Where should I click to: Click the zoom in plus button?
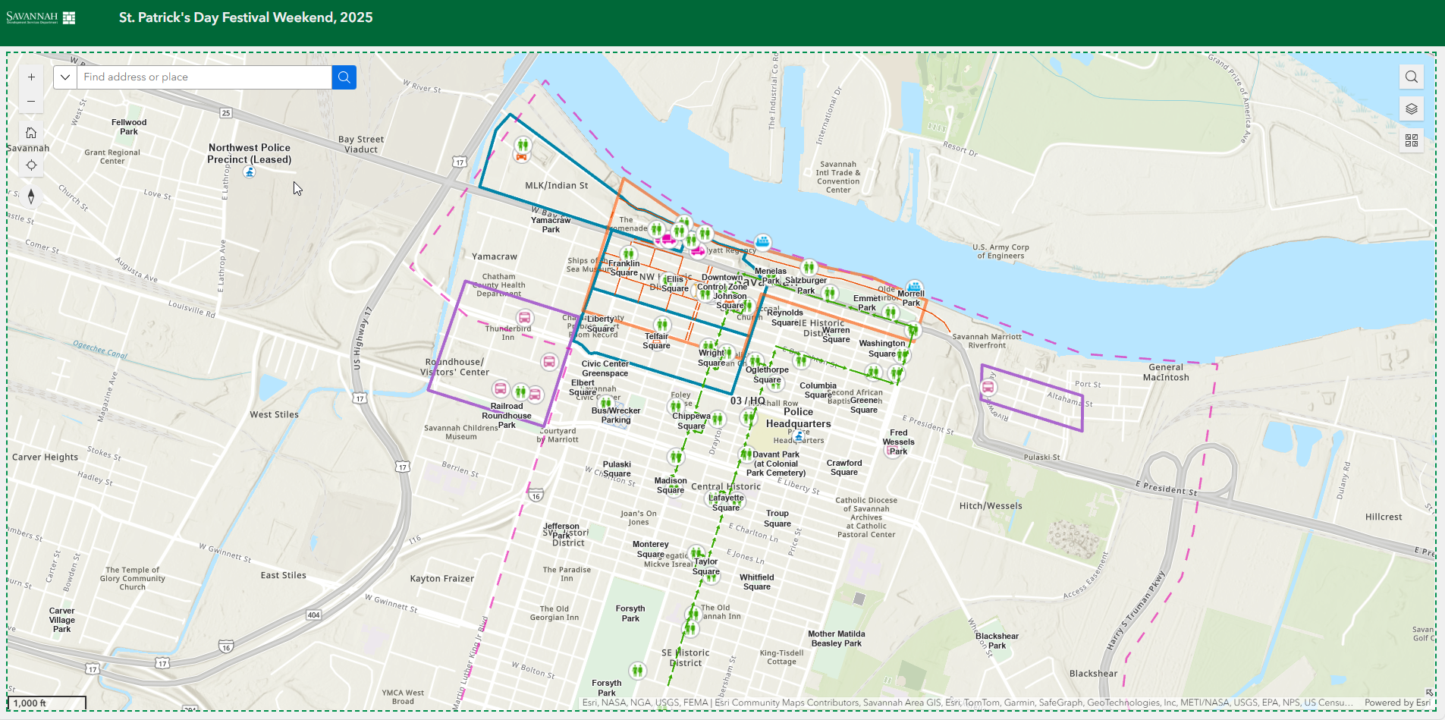pos(31,77)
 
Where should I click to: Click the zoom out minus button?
pos(31,101)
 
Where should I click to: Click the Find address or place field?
pos(205,77)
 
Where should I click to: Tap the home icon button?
pos(31,133)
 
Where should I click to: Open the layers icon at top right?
pos(1411,108)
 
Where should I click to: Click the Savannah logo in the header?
pos(41,17)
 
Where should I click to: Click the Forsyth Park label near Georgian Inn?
pos(630,613)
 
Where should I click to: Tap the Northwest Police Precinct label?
pos(249,153)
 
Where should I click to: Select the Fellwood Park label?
pos(129,127)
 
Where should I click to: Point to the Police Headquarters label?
pos(798,418)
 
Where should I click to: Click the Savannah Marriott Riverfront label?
pos(986,341)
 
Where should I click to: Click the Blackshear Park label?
pos(997,640)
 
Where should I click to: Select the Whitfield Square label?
pos(756,582)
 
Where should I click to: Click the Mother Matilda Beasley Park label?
pos(836,638)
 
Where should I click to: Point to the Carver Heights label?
pos(45,457)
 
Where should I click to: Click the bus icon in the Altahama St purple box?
pos(988,388)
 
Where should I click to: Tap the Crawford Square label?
pos(843,467)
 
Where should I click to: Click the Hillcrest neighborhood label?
pos(1383,517)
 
